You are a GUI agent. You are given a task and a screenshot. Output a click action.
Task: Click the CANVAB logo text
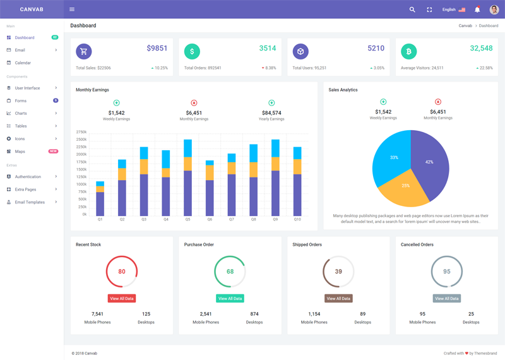[x=31, y=9]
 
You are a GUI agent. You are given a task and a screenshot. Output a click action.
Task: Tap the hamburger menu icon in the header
[x=72, y=9]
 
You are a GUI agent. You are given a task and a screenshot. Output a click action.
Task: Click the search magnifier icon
[x=412, y=9]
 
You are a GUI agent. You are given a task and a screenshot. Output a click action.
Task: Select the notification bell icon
[x=477, y=9]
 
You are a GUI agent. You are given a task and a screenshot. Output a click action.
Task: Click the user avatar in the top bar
[x=494, y=9]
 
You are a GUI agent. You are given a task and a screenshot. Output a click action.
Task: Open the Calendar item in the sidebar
[x=23, y=63]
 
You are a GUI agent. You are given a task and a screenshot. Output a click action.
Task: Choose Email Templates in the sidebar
[x=30, y=202]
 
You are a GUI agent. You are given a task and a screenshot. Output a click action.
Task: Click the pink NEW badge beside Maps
[x=53, y=152]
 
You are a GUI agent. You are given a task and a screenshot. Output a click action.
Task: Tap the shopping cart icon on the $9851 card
[x=83, y=51]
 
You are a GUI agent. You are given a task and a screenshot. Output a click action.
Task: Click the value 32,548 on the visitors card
[x=481, y=49]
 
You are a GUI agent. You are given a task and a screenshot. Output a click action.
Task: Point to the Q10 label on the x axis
[x=297, y=220]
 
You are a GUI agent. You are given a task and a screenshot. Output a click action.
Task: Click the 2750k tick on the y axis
[x=81, y=132]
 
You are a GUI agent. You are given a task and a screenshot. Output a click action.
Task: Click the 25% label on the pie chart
[x=405, y=186]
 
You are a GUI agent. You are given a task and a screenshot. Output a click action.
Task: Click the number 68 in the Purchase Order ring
[x=230, y=272]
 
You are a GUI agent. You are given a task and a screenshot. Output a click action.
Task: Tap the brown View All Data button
[x=338, y=299]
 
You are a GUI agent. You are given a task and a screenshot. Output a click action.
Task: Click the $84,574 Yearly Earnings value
[x=271, y=113]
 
